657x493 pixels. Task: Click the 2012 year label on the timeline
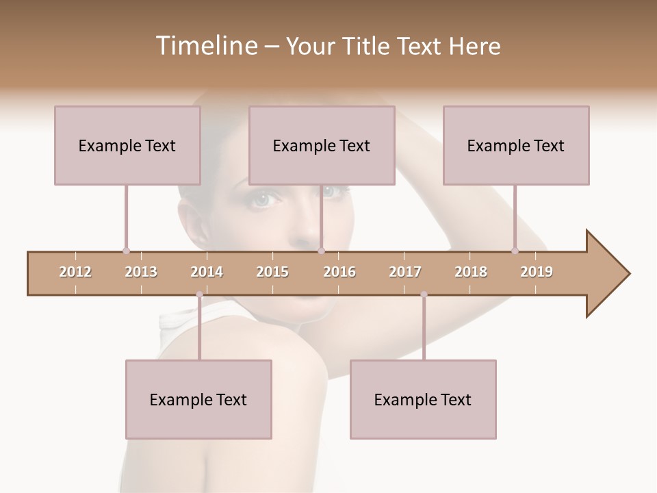pyautogui.click(x=75, y=273)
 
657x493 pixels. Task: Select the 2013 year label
pyautogui.click(x=141, y=273)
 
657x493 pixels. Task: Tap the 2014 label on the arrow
pyautogui.click(x=207, y=273)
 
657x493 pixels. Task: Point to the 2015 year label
pyautogui.click(x=272, y=273)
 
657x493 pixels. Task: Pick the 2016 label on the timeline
pyautogui.click(x=339, y=273)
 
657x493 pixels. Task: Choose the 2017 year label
pyautogui.click(x=405, y=273)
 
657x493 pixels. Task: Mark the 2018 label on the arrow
pyautogui.click(x=471, y=273)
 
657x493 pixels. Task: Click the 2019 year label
pyautogui.click(x=537, y=273)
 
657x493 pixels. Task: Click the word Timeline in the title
pyautogui.click(x=205, y=46)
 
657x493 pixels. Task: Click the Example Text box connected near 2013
pyautogui.click(x=127, y=145)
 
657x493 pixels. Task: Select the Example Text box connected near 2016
pyautogui.click(x=322, y=145)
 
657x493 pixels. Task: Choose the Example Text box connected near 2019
pyautogui.click(x=516, y=145)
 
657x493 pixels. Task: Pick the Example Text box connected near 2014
pyautogui.click(x=198, y=399)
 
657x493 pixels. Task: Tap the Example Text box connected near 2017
pyautogui.click(x=423, y=399)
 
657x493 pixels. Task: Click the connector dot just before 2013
pyautogui.click(x=126, y=251)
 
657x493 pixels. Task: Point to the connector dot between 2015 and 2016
pyautogui.click(x=321, y=251)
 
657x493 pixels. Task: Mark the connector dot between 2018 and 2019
pyautogui.click(x=515, y=251)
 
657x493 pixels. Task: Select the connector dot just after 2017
pyautogui.click(x=424, y=294)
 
